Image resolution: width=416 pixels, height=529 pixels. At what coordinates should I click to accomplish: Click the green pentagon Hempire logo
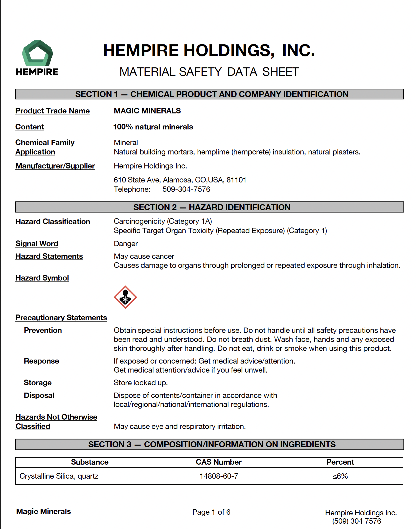[37, 53]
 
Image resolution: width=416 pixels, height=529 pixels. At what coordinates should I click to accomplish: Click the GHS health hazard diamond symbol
[125, 297]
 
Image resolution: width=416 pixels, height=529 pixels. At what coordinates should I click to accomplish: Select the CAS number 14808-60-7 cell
[219, 476]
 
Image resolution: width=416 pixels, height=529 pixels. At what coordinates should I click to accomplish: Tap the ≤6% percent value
[340, 476]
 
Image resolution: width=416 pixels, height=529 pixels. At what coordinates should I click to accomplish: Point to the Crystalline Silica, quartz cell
[59, 476]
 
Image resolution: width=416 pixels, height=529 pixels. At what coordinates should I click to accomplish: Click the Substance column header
[89, 462]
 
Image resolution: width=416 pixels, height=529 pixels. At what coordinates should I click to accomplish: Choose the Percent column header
[340, 462]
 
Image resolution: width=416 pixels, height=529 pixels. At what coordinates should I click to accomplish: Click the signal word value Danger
[126, 244]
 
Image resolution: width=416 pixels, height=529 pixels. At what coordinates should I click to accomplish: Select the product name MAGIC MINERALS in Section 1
[147, 111]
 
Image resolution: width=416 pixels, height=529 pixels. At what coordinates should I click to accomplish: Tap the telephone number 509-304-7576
[186, 189]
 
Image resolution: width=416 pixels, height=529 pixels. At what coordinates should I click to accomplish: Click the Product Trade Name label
[52, 111]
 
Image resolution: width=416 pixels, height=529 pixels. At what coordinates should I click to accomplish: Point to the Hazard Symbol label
[42, 278]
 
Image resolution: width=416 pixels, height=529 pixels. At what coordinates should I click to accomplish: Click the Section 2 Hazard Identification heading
[212, 207]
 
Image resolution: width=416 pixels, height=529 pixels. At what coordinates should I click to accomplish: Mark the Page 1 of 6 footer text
[211, 512]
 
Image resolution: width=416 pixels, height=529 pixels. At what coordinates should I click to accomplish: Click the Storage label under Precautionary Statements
[38, 383]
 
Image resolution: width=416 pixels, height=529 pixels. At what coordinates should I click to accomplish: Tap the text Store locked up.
[141, 383]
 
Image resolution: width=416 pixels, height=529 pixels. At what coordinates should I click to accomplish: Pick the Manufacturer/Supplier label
[55, 166]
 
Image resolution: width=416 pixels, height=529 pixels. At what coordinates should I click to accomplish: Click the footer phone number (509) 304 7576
[357, 521]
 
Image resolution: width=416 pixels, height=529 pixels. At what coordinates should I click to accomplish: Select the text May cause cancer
[144, 256]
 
